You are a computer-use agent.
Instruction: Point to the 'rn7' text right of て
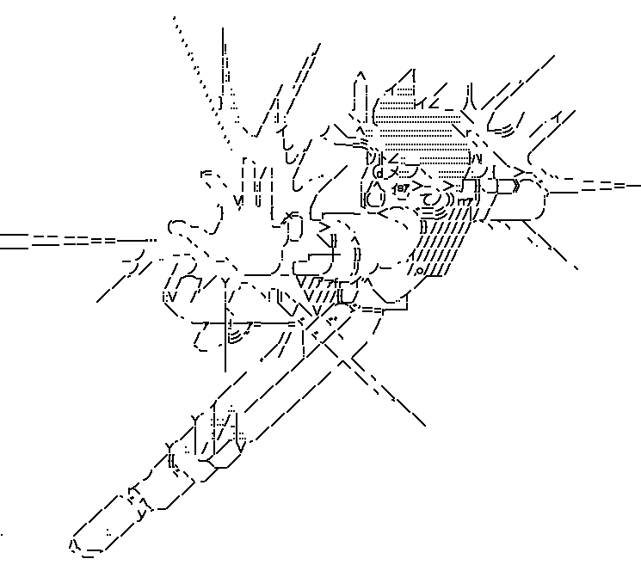pyautogui.click(x=465, y=201)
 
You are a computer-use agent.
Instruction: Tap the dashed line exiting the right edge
pyautogui.click(x=602, y=186)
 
